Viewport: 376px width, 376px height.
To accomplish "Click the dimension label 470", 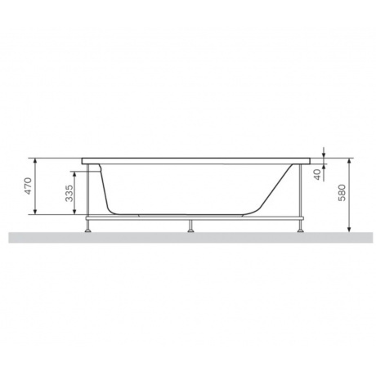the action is click(x=28, y=186).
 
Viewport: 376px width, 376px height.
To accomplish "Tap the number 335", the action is click(x=69, y=193).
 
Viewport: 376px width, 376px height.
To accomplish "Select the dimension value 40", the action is click(x=317, y=174).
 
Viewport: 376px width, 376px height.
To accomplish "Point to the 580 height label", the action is click(x=342, y=193).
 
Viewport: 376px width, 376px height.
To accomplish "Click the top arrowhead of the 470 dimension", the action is click(x=35, y=160).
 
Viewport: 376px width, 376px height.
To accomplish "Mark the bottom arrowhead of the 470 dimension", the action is click(x=35, y=212).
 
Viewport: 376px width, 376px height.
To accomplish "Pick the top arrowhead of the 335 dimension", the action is click(x=74, y=174).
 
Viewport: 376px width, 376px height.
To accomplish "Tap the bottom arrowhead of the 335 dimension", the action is click(x=74, y=212).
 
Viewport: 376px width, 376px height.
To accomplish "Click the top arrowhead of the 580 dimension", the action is click(x=350, y=161).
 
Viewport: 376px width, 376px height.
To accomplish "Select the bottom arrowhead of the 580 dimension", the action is click(x=350, y=230).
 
